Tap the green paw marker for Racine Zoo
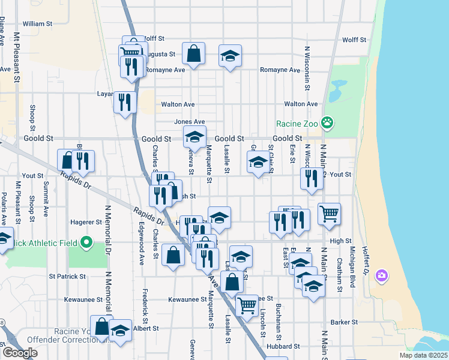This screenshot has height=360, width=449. tap(327, 124)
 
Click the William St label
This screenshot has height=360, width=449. tap(38, 23)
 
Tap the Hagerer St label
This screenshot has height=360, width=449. tap(87, 221)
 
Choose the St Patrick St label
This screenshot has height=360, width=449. tap(68, 277)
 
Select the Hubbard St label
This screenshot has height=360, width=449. tap(284, 346)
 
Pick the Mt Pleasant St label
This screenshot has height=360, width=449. tap(17, 57)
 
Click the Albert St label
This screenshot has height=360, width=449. tap(146, 328)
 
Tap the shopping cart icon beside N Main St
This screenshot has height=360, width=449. tap(329, 213)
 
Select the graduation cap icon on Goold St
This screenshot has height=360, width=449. tap(194, 137)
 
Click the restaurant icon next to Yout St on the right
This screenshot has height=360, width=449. tap(311, 178)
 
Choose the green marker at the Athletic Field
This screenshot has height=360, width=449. tap(86, 242)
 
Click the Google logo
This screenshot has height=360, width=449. tap(20, 353)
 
